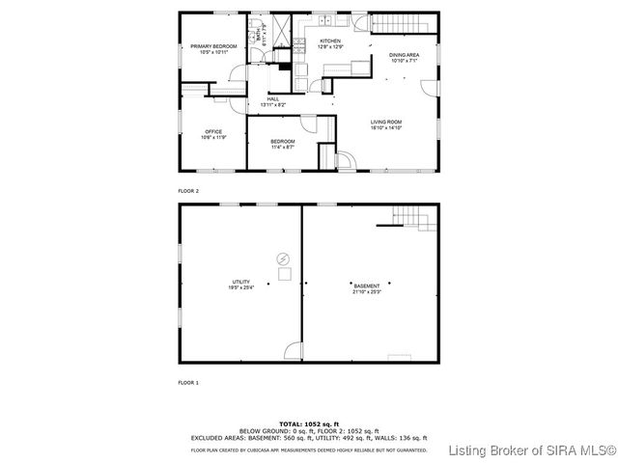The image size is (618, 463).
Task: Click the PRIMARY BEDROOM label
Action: click(x=213, y=45)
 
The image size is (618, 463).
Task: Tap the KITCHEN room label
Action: click(x=330, y=41)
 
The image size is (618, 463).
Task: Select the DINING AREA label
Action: click(x=404, y=56)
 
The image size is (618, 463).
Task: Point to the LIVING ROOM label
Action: click(x=385, y=122)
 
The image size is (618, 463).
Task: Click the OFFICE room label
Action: click(x=212, y=131)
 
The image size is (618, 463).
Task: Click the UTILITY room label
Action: click(x=240, y=282)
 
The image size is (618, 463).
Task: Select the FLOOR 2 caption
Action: click(x=188, y=191)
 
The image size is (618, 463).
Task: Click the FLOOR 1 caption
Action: click(x=188, y=383)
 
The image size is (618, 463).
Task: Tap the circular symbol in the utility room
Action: click(x=283, y=258)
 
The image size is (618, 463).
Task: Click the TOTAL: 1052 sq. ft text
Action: click(x=309, y=423)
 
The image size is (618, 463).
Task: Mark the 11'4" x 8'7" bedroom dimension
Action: click(x=283, y=148)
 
